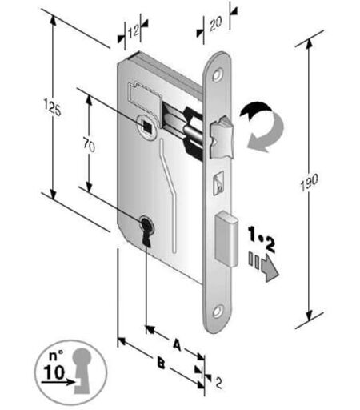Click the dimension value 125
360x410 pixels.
coord(52,107)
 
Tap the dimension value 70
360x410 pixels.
coord(89,145)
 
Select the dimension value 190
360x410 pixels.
coord(310,183)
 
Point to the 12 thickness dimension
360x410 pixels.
coord(133,32)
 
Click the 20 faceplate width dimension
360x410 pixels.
coord(215,23)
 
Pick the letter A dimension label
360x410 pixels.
coord(177,344)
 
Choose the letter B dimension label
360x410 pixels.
coord(161,364)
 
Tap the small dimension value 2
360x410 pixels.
coord(218,383)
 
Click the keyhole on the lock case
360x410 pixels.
coord(146,231)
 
